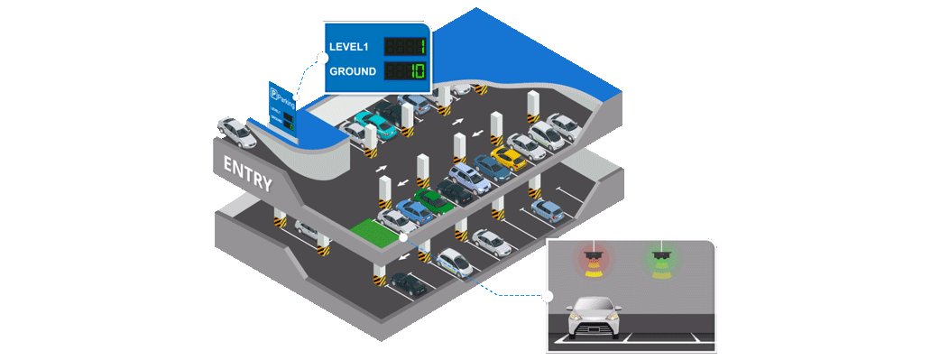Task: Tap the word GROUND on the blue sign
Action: [353, 71]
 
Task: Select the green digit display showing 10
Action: [407, 71]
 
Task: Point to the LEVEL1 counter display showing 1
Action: [407, 46]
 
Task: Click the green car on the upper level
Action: [434, 200]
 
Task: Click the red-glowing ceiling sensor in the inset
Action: [593, 263]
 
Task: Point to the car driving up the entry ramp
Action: [237, 132]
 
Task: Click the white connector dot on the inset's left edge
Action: [548, 295]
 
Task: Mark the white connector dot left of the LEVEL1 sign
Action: [322, 58]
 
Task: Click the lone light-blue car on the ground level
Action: [547, 209]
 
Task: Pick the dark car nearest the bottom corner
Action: [410, 285]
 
